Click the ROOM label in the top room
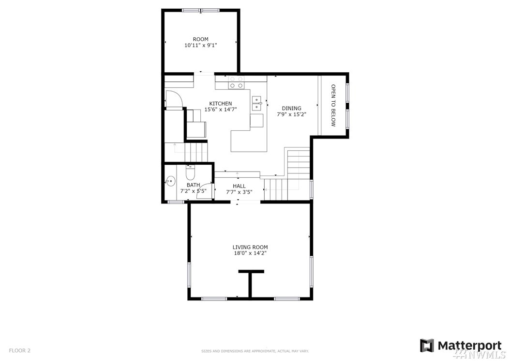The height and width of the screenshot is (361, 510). [x=200, y=39]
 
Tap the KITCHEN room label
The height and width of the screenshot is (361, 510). [x=221, y=104]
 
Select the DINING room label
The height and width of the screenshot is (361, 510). [x=291, y=108]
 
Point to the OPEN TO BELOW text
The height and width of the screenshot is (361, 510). [x=333, y=105]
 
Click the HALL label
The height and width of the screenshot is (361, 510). [x=239, y=186]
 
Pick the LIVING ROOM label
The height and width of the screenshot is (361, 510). [x=250, y=247]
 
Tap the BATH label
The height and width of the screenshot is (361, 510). [x=193, y=185]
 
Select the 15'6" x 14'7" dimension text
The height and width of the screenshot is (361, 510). [x=221, y=110]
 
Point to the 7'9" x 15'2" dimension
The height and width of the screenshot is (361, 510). [x=291, y=114]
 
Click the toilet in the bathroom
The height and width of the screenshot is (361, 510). [x=190, y=173]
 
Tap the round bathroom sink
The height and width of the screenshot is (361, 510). [x=170, y=181]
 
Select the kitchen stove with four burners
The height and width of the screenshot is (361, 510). [x=237, y=82]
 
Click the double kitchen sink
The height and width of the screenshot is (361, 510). [x=257, y=103]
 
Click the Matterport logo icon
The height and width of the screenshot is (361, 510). [x=427, y=345]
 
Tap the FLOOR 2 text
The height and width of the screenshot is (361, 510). [x=19, y=350]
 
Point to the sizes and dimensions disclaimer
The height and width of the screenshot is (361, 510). [x=255, y=351]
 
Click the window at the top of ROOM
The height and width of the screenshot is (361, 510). [x=200, y=11]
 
